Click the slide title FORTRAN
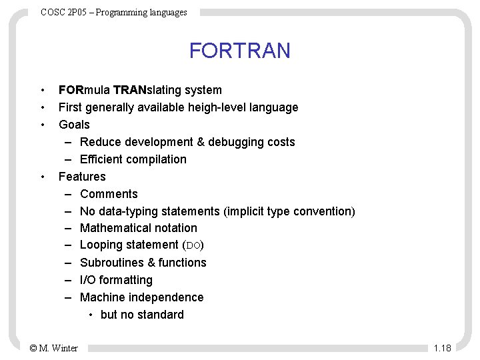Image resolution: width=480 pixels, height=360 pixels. [x=239, y=51]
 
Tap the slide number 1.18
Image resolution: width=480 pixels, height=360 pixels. [x=442, y=347]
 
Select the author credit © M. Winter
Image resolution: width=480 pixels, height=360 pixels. [x=54, y=347]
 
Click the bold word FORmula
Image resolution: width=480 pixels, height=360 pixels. [x=84, y=90]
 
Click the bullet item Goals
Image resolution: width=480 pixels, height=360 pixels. [x=74, y=125]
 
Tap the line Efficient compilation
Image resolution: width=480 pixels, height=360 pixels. [x=133, y=159]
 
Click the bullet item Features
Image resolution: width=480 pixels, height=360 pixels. [x=82, y=177]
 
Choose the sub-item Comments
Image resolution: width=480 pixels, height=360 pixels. [x=109, y=194]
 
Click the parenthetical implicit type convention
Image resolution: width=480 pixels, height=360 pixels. [x=290, y=211]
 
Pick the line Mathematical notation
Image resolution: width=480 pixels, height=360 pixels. [x=138, y=229]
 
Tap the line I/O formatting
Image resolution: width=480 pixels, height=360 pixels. [x=116, y=281]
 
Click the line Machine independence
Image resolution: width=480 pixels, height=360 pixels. [x=141, y=298]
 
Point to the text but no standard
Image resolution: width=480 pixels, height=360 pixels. [x=142, y=315]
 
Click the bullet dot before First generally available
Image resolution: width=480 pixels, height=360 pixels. [x=42, y=107]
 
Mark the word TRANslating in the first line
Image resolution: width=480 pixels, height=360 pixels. [x=147, y=90]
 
